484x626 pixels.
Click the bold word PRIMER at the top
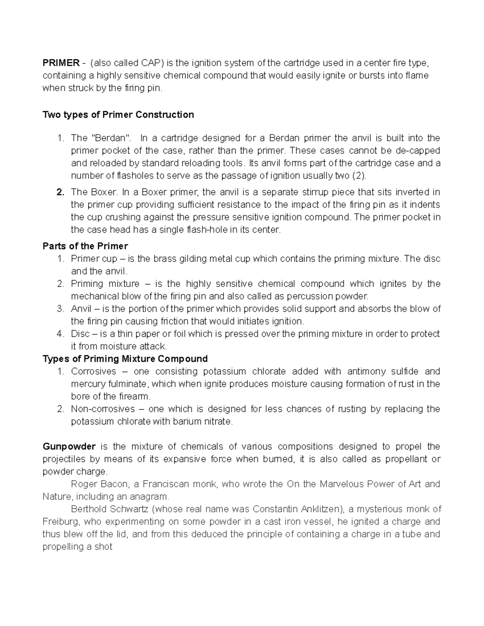pos(61,63)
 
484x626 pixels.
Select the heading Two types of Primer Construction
pos(118,115)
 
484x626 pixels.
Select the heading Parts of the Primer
pos(85,246)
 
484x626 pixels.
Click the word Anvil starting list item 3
pos(81,309)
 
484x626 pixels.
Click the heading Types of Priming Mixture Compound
pos(125,359)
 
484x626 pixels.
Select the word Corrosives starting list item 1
pos(94,371)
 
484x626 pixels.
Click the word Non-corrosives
pos(102,409)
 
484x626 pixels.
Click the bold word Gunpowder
pos(69,447)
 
